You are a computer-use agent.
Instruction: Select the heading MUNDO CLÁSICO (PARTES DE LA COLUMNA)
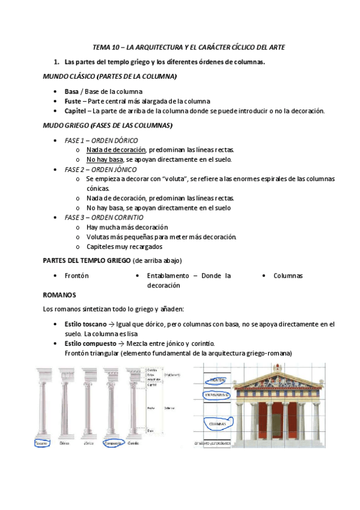tap(110, 77)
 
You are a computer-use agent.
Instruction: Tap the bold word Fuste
tap(72, 101)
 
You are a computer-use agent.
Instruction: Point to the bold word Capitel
tap(75, 111)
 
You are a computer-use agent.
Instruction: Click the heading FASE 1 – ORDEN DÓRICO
tap(100, 140)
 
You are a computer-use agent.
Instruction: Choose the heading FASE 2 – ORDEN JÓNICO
tap(100, 170)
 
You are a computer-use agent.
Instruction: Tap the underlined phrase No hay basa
tap(104, 159)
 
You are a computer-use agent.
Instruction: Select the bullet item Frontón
tap(76, 275)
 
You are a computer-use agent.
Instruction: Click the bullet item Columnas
tap(288, 275)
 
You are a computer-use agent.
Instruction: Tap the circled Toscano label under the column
tap(41, 443)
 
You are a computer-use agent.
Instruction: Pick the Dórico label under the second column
tap(65, 443)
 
